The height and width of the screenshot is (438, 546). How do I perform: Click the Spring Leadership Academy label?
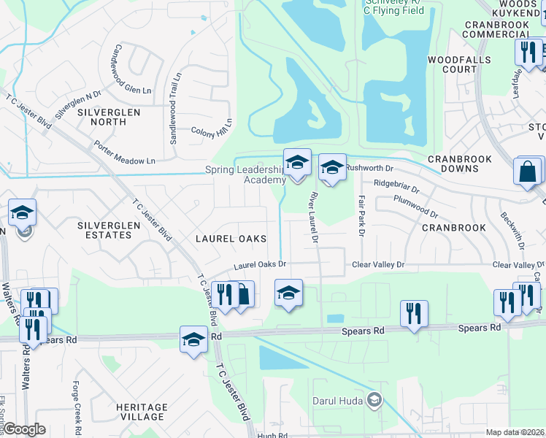tap(245, 175)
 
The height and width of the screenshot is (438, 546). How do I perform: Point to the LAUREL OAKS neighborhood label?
tap(230, 239)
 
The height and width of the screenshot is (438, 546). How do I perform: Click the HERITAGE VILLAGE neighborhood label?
tap(141, 412)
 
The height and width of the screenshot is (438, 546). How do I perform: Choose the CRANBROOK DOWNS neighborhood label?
tap(459, 164)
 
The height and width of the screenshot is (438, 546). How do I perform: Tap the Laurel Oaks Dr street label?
tap(260, 266)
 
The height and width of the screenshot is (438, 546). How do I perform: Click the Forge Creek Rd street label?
tap(76, 405)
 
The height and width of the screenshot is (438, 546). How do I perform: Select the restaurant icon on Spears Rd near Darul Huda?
tap(414, 313)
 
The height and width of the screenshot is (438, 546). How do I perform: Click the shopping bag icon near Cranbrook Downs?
tap(528, 172)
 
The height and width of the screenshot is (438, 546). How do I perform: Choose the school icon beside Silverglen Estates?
tap(23, 212)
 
